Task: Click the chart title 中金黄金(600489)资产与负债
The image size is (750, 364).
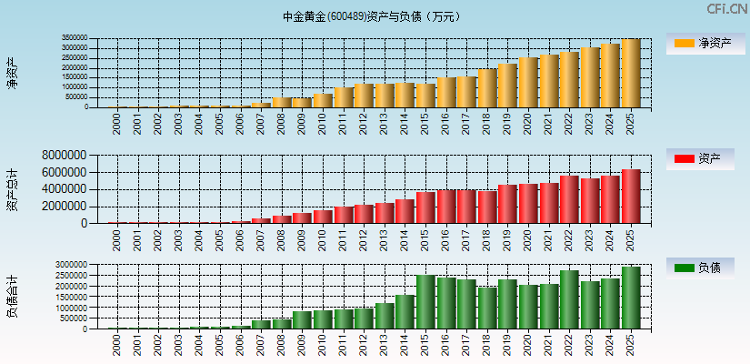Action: coord(372,16)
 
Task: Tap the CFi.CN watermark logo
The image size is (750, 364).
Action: coord(726,9)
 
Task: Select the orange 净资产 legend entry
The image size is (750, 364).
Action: coord(705,43)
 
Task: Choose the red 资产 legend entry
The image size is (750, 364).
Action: coord(705,159)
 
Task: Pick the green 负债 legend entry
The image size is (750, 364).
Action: coord(705,268)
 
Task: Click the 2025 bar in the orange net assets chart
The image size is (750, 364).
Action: coord(631,74)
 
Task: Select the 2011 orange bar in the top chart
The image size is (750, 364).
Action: coord(343,97)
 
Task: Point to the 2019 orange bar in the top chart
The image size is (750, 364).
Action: coord(507,86)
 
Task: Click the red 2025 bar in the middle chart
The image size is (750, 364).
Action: coord(631,197)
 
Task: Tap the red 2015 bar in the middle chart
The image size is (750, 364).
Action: coord(425,207)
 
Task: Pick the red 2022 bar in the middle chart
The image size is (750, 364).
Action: coord(569,199)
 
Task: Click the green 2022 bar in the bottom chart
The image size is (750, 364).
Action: coord(569,299)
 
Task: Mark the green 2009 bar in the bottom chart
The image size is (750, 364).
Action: coord(302,320)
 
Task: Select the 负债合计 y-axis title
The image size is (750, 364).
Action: coord(12,297)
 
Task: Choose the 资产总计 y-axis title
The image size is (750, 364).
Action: coord(12,189)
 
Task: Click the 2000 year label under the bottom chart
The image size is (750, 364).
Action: coord(117,343)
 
